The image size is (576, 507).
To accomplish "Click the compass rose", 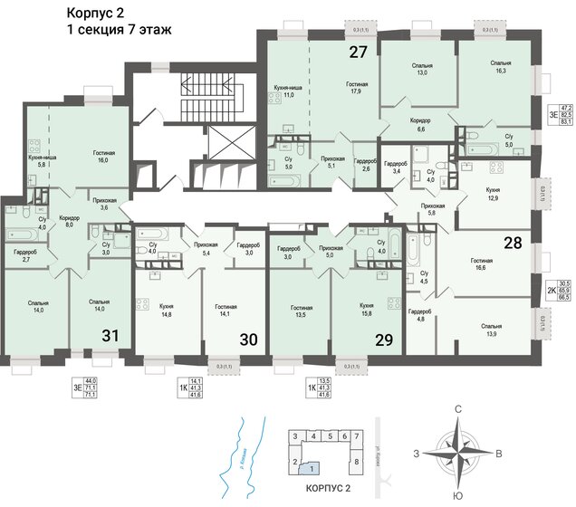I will click(458, 452).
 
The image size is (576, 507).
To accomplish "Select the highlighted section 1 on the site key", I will click(312, 468).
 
